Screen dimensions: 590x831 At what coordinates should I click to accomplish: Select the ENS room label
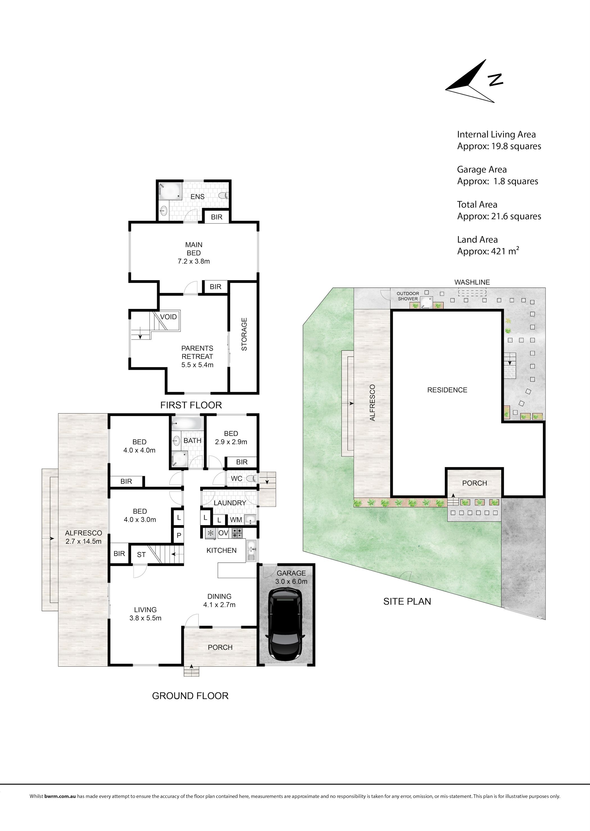[x=197, y=197]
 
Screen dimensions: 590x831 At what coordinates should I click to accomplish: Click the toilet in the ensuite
[x=223, y=196]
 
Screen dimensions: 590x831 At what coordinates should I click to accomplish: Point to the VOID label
[x=168, y=317]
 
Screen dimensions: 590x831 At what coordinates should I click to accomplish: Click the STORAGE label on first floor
[x=244, y=334]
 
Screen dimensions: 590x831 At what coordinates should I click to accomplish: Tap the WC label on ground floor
[x=237, y=479]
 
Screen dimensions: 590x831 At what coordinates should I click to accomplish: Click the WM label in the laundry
[x=236, y=520]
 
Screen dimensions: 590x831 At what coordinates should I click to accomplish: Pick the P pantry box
[x=179, y=535]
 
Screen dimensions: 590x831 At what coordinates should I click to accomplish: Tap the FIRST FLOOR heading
[x=191, y=405]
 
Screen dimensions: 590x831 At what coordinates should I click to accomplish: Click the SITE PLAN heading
[x=407, y=601]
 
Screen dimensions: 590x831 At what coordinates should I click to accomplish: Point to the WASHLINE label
[x=472, y=282]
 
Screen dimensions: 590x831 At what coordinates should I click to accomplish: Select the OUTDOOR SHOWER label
[x=408, y=296]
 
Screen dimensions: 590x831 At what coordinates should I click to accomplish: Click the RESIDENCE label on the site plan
[x=447, y=390]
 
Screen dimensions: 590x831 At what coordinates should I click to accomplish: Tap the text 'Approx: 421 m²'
[x=488, y=251]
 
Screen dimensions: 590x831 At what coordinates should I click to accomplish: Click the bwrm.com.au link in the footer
[x=60, y=807]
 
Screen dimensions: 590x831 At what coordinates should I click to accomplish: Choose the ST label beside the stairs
[x=141, y=555]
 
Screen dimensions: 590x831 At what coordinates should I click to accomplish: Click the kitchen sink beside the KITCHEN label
[x=251, y=551]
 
